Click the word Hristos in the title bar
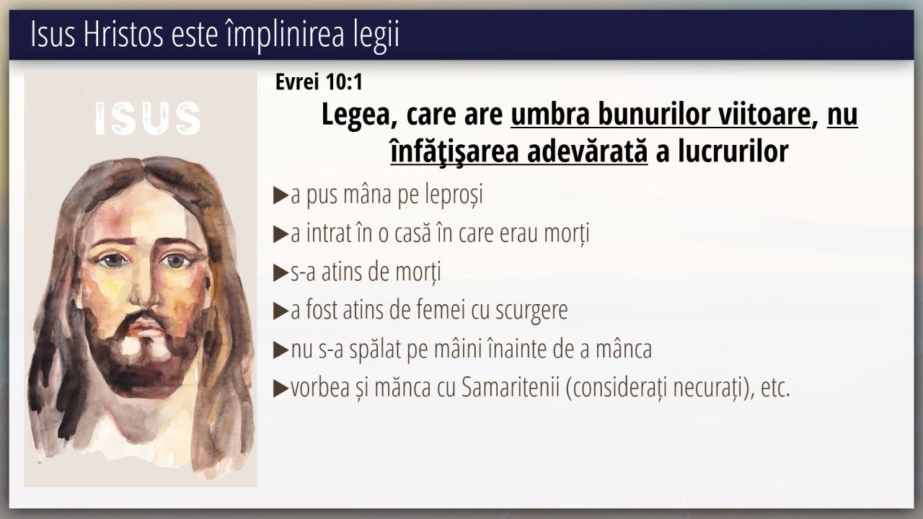tap(123, 35)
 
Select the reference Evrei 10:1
tap(319, 81)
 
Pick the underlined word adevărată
tap(587, 151)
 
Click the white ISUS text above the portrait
tap(149, 119)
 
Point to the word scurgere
tap(531, 311)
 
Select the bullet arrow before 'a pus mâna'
tap(281, 195)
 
